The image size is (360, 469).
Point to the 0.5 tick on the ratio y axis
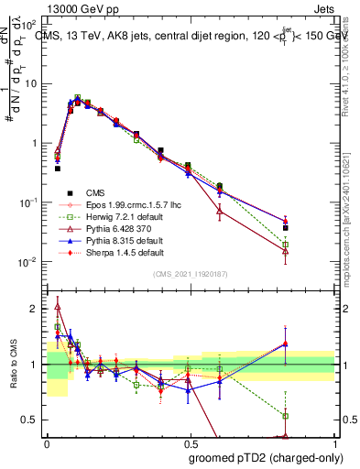tap(33, 420)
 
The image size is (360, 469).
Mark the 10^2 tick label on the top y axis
tap(29, 25)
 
